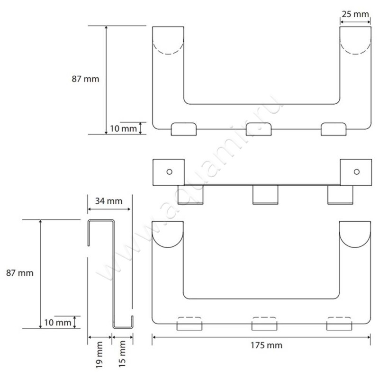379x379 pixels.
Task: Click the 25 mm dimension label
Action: [355, 14]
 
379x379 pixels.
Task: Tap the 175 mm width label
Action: [266, 345]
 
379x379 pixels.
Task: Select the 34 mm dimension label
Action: [109, 201]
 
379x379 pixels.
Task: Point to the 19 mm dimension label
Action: [99, 354]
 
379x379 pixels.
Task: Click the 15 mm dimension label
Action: [122, 354]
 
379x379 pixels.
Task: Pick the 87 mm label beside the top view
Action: [85, 79]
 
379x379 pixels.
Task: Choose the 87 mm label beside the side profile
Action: [20, 273]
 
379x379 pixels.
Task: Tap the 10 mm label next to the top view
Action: [124, 128]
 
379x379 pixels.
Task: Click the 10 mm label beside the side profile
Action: [57, 323]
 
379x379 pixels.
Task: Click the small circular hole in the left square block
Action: [170, 172]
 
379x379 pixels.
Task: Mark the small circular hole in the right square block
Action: [357, 172]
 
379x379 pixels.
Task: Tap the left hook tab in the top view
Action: [184, 129]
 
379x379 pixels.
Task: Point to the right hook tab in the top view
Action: [334, 129]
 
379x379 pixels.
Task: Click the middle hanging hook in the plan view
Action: [265, 195]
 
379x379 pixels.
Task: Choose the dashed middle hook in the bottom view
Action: [264, 324]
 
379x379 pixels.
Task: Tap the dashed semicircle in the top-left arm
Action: [168, 54]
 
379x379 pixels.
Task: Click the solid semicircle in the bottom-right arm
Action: [355, 247]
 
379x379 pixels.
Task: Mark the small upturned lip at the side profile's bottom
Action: [132, 322]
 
